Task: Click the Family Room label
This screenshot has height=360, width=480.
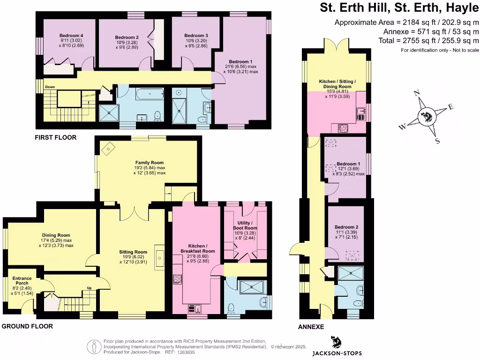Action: click(150, 163)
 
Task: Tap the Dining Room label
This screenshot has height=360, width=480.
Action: click(56, 235)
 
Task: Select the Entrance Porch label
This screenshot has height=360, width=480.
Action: click(22, 281)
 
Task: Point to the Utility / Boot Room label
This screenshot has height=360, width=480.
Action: click(245, 225)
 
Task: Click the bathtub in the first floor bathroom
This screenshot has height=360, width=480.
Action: click(150, 94)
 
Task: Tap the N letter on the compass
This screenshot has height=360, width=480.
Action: click(417, 93)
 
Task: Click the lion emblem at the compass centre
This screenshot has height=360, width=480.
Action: click(426, 117)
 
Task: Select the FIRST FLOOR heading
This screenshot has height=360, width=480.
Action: click(55, 137)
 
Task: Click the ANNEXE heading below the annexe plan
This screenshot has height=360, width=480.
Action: click(311, 327)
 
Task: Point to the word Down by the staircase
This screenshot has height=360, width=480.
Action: click(50, 87)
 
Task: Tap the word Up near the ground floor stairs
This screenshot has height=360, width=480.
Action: click(90, 288)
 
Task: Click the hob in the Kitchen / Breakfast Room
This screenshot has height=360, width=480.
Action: click(177, 279)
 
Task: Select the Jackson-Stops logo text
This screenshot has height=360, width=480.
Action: click(337, 353)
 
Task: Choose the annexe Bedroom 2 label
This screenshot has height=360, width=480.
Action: click(346, 227)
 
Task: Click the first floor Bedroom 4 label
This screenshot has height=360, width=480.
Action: click(71, 36)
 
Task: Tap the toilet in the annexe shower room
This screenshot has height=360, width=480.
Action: click(359, 303)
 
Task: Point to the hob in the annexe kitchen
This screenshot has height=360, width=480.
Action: click(343, 128)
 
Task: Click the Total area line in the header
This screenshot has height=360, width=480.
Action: click(428, 40)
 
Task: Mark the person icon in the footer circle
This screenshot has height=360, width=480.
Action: click(94, 347)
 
